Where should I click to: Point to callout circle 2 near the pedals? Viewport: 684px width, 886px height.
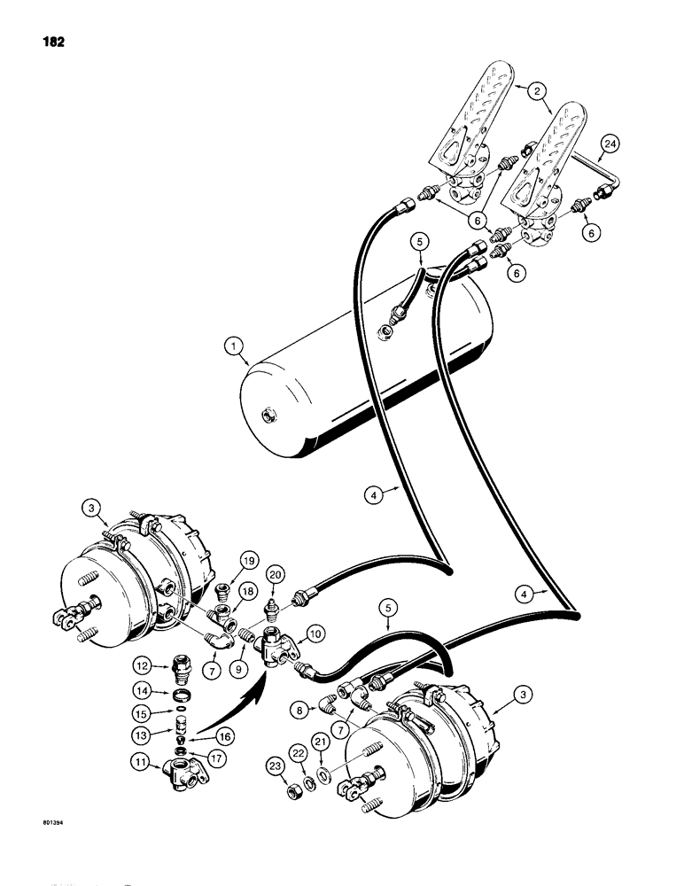click(x=533, y=89)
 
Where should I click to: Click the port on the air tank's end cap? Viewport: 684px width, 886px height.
click(x=265, y=415)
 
